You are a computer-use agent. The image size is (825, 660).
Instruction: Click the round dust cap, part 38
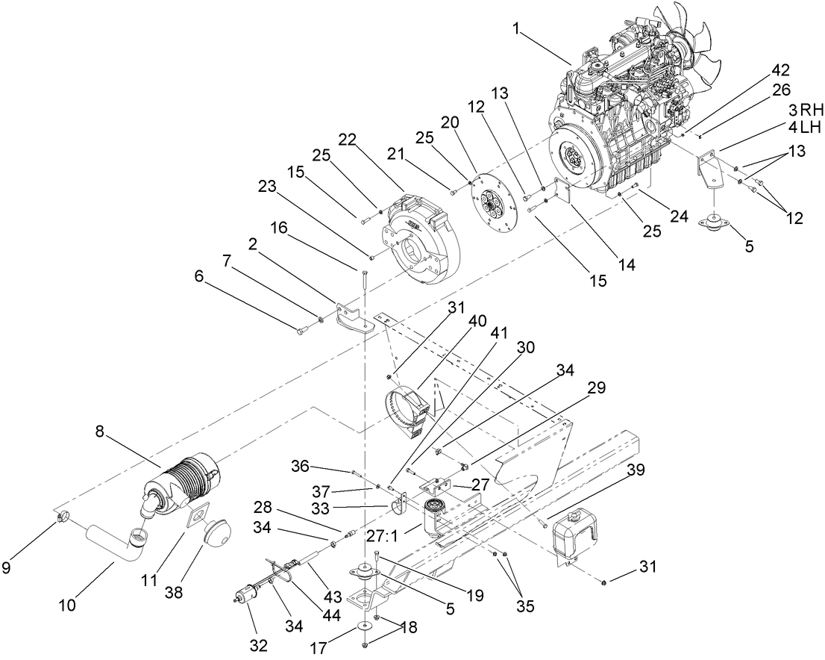click(x=216, y=532)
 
